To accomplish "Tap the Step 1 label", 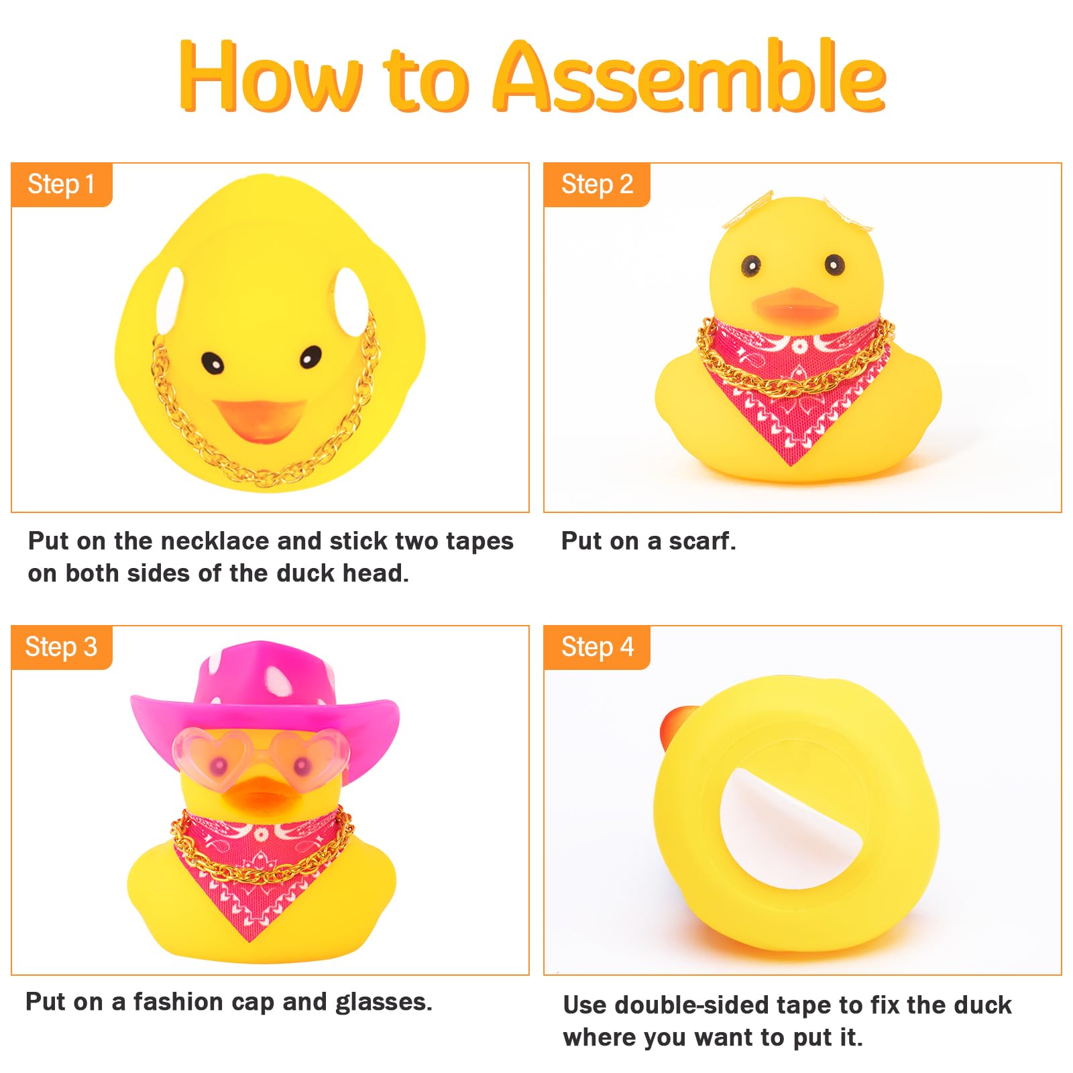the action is (x=61, y=184).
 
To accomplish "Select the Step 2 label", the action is (x=597, y=184).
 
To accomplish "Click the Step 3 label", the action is (x=61, y=647).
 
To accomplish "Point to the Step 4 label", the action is (x=597, y=647).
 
